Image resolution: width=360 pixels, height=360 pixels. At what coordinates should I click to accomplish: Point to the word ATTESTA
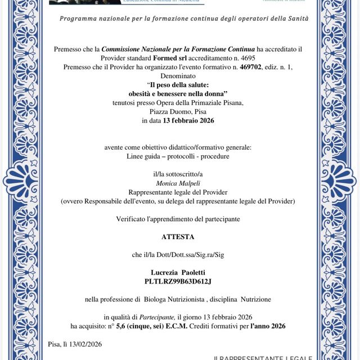(178, 237)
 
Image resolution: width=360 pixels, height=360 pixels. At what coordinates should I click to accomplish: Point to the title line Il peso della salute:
(178, 84)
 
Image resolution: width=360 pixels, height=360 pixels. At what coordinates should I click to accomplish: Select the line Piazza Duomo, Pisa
(178, 111)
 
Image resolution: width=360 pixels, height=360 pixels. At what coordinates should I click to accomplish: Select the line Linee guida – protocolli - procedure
(178, 156)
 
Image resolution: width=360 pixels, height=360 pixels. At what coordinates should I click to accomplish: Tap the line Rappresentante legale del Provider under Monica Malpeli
(178, 192)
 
